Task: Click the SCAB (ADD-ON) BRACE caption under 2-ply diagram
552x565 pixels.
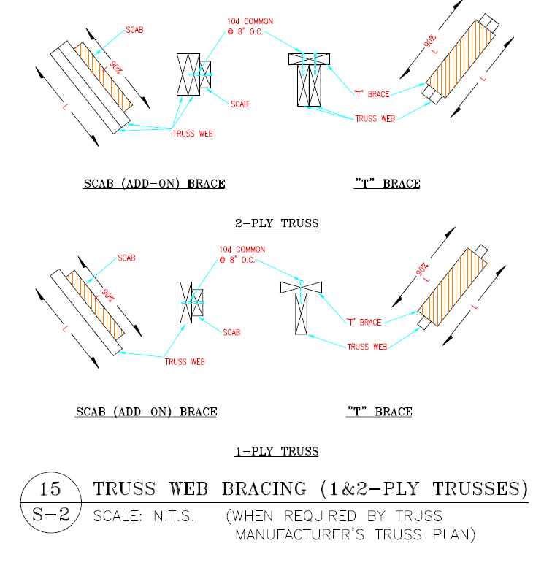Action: click(154, 184)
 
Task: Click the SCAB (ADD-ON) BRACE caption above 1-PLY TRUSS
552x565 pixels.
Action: click(146, 412)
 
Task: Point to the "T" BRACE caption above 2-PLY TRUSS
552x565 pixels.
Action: click(387, 184)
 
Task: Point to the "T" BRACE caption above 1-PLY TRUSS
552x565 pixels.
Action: click(379, 412)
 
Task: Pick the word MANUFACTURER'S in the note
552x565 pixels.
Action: click(299, 535)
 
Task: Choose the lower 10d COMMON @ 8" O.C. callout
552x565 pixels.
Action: click(241, 255)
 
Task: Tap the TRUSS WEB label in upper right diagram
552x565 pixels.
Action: click(375, 118)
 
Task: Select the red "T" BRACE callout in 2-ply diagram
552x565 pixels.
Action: click(371, 93)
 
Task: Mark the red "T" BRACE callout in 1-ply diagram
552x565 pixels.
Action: click(363, 322)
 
